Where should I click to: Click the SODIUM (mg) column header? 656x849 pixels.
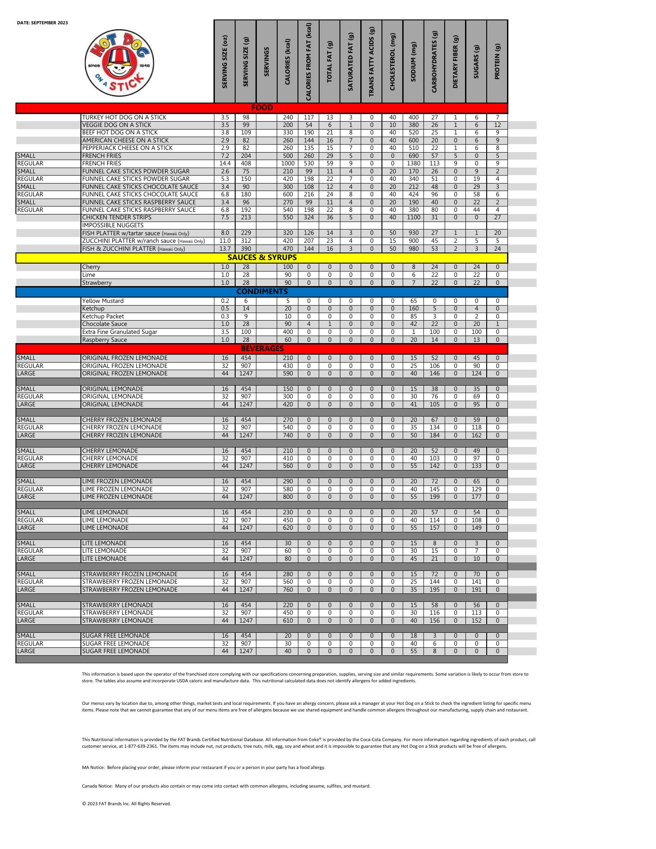click(413, 62)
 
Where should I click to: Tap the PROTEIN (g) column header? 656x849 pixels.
click(497, 62)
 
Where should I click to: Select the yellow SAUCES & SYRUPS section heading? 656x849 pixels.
click(262, 257)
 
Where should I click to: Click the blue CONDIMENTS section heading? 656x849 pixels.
click(262, 291)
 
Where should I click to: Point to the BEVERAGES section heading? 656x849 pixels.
click(262, 348)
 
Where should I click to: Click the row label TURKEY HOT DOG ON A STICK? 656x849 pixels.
click(124, 117)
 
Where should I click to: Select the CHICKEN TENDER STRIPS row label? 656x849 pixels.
click(117, 218)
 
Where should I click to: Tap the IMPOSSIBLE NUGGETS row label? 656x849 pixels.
click(113, 225)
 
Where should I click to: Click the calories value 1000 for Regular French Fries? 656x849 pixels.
click(288, 164)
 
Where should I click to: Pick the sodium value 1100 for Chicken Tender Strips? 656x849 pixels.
click(413, 218)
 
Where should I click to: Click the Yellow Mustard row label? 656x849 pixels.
click(103, 301)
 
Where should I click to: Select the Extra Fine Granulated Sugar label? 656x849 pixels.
click(120, 332)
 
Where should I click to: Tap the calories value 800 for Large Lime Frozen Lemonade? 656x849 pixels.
click(288, 497)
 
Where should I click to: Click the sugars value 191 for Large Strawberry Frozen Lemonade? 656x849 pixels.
click(476, 589)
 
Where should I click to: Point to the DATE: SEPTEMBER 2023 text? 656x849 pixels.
click(42, 23)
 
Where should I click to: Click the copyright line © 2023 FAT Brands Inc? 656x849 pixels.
click(126, 803)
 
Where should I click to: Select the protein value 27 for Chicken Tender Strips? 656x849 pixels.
click(497, 218)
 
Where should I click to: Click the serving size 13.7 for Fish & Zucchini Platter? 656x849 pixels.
click(225, 249)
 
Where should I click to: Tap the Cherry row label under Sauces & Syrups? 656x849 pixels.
click(91, 267)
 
